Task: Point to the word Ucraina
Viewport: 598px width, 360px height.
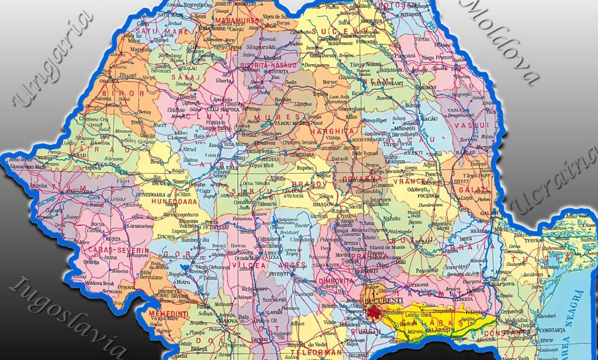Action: point(555,182)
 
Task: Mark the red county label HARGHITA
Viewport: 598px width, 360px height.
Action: point(335,132)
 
